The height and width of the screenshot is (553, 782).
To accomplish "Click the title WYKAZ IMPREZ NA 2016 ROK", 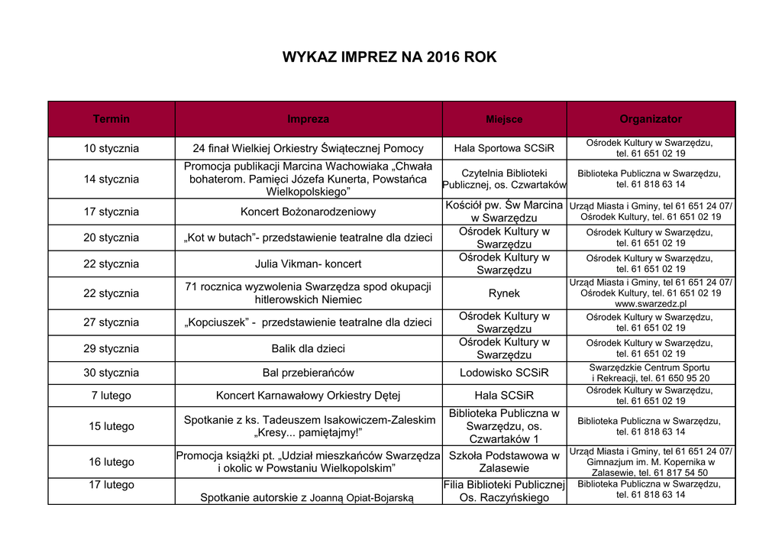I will (x=389, y=57).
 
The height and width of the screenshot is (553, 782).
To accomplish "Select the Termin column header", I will (x=111, y=119).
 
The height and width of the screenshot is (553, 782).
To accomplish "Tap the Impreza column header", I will (x=309, y=119).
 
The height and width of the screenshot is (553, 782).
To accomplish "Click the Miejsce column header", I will (x=505, y=119).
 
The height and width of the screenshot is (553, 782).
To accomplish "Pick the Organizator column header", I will (x=651, y=119).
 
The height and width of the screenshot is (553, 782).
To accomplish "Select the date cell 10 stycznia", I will (x=111, y=148).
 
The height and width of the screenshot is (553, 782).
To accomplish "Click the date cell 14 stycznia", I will (x=111, y=179).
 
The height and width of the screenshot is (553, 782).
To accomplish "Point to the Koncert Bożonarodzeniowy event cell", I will (x=309, y=212).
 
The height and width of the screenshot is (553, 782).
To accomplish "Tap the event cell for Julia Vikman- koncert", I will (x=309, y=264).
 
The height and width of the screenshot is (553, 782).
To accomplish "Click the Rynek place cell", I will (x=504, y=293).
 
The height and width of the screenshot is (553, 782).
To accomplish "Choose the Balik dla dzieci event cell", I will (x=309, y=349).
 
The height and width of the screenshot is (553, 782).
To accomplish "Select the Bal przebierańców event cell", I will (x=309, y=374).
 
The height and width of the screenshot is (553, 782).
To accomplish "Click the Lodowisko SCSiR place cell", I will (x=504, y=374).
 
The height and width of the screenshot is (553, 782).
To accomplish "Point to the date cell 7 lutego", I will (x=111, y=396).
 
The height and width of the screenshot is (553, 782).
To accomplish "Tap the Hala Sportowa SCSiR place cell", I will (x=504, y=148).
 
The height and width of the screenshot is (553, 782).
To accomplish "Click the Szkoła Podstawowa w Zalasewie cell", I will (x=504, y=462).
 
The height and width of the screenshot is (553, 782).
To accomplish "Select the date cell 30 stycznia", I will (x=111, y=374).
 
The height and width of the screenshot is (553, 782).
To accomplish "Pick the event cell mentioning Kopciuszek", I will (x=309, y=322).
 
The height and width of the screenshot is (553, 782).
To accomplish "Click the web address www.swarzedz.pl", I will (x=651, y=304).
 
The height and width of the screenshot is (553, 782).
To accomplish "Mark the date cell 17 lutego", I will (x=111, y=485).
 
